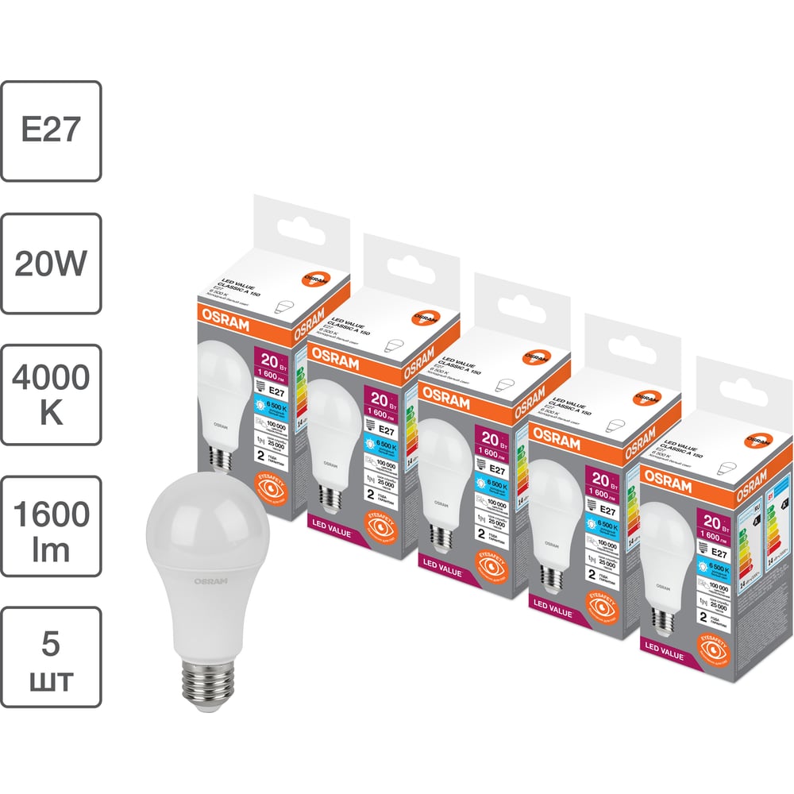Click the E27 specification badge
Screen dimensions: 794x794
[51, 130]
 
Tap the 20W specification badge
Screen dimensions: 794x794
[51, 263]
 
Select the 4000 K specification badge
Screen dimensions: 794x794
[51, 395]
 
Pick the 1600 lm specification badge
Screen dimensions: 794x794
[51, 526]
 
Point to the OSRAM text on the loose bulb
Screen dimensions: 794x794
[211, 582]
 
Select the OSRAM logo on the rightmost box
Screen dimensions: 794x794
[666, 476]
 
